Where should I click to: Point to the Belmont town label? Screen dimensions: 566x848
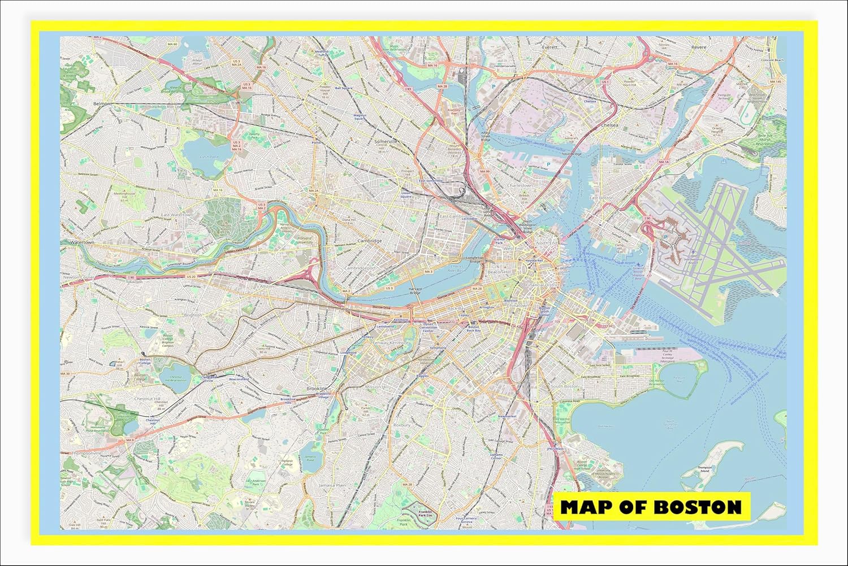[102, 104]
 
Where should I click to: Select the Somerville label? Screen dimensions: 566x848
[386, 141]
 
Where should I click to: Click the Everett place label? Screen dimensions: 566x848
[550, 47]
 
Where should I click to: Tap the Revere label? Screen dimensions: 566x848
[699, 47]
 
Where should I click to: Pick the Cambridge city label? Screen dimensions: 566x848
[370, 241]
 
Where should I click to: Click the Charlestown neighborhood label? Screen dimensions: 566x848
[520, 185]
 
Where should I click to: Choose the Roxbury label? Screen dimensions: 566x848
[401, 425]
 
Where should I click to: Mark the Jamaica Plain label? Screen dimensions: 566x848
[332, 485]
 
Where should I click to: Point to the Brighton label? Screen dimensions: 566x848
[192, 315]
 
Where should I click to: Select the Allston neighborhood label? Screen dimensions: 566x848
[266, 286]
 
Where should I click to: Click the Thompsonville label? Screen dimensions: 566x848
[86, 453]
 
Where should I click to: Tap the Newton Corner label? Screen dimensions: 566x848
[78, 277]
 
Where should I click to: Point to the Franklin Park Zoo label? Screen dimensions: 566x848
[425, 513]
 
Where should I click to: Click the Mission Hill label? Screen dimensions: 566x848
[376, 387]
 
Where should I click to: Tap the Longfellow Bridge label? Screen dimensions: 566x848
[475, 259]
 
